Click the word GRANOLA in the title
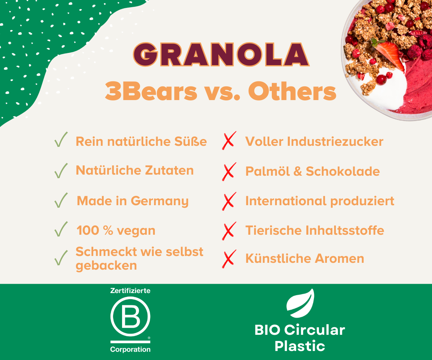(x=221, y=54)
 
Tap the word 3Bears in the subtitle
(x=151, y=91)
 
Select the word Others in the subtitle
(x=292, y=91)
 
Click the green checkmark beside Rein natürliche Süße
(x=61, y=139)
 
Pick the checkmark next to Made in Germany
(x=61, y=200)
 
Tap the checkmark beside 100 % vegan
(x=61, y=229)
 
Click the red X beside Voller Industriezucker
(x=229, y=140)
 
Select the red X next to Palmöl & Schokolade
(x=229, y=172)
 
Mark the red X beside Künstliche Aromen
(x=229, y=259)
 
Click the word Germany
(x=159, y=202)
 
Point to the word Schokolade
(x=343, y=171)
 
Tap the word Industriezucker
(x=335, y=141)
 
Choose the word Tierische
(x=274, y=230)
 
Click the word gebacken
(x=106, y=266)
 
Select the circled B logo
(x=130, y=316)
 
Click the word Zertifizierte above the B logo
(x=130, y=291)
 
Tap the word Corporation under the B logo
(x=130, y=350)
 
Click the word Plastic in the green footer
(x=300, y=346)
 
